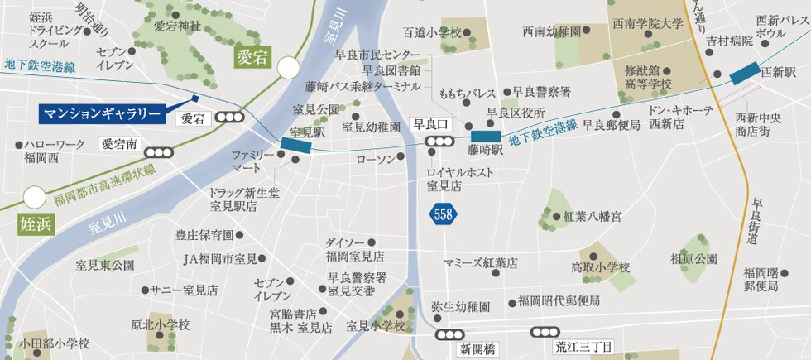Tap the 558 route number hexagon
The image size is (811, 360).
pyautogui.click(x=444, y=214)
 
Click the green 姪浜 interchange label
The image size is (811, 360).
pyautogui.click(x=36, y=224)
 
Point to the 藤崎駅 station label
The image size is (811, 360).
pyautogui.click(x=485, y=151)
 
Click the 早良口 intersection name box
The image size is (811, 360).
pyautogui.click(x=430, y=125)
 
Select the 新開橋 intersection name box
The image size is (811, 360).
pyautogui.click(x=477, y=348)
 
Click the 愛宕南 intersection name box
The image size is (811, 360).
pyautogui.click(x=119, y=143)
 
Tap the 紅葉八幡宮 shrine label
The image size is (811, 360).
pyautogui.click(x=592, y=217)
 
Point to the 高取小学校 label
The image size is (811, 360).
pyautogui.click(x=601, y=267)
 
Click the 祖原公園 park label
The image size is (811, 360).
pyautogui.click(x=693, y=259)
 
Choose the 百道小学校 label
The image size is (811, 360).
pyautogui.click(x=431, y=33)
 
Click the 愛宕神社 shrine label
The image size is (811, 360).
pyautogui.click(x=177, y=26)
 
